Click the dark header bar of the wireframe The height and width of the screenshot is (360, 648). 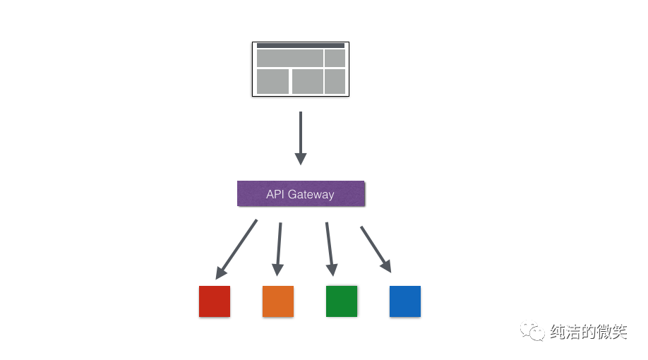[300, 45]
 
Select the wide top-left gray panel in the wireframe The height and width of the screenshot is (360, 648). [289, 58]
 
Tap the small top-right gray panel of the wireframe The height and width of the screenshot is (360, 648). [335, 58]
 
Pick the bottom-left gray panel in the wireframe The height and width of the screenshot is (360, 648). [272, 81]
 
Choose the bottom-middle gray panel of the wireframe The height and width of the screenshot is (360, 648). [307, 81]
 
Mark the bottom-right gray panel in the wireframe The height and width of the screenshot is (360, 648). [335, 81]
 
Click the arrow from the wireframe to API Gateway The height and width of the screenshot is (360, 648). [301, 138]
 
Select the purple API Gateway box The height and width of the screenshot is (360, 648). [301, 194]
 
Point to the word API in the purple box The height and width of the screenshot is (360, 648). [274, 194]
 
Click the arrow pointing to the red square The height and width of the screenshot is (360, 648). [236, 248]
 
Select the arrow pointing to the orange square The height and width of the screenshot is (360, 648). [279, 249]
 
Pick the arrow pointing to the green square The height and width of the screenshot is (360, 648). [329, 249]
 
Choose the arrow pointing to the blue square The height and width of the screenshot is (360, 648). [376, 249]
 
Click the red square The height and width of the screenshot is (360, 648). [215, 301]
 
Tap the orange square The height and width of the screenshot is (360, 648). [278, 301]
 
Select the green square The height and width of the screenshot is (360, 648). [342, 301]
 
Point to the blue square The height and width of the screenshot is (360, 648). [405, 301]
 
